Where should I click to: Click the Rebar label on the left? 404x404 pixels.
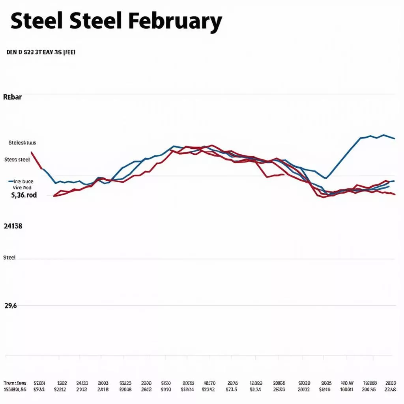coord(12,97)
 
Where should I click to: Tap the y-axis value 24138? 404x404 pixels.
coord(13,226)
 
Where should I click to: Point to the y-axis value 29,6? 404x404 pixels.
coord(11,305)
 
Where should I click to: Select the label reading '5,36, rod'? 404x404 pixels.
coord(24,195)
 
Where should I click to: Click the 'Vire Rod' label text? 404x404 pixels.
coord(22,188)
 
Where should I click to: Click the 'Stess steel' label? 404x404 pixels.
coord(17,160)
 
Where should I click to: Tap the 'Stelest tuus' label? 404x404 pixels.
coord(22,143)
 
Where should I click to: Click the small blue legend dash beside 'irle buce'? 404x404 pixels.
coord(11,181)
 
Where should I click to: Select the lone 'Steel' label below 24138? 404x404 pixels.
coord(9,258)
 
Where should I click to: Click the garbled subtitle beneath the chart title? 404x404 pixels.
coord(41,52)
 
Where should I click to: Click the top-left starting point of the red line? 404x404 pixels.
coord(31,152)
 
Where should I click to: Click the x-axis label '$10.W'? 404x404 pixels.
coord(347,383)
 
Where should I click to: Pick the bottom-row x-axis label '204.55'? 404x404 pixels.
coord(369,390)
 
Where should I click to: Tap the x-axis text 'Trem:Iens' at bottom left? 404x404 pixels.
coord(15,383)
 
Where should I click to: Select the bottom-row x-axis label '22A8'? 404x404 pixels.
coord(390,390)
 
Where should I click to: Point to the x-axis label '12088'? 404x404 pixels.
coord(256,383)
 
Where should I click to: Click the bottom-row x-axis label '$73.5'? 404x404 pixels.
coord(231,390)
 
